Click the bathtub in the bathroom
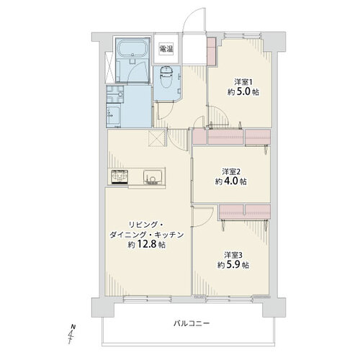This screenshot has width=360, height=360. coord(133,48)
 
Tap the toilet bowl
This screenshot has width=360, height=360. coord(165,78)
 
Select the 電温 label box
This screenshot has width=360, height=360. coord(166,49)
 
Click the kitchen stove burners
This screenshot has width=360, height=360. coord(120,177)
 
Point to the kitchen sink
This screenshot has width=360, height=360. coord(152,177)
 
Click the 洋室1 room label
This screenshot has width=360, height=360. coord(243,83)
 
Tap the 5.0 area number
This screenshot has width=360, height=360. coord(244,92)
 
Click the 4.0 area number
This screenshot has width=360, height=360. coord(232,181)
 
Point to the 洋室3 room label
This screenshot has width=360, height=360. coord(233,255)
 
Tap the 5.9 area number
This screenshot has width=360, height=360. coord(233,265)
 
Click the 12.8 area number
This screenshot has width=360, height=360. coord(147,244)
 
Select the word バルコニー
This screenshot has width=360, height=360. coord(192,323)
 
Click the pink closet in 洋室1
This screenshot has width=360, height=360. coord(212,51)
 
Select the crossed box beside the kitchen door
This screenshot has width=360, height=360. coord(156,138)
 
